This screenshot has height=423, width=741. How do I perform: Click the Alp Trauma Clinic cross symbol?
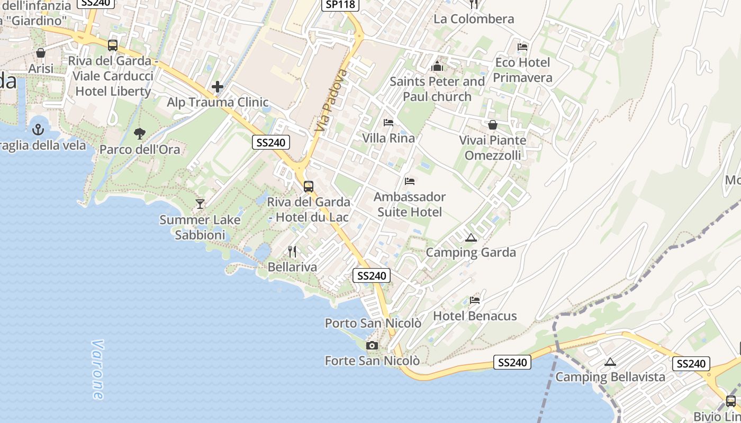coord(218,87)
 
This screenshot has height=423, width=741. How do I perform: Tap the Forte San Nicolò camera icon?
coord(372,346)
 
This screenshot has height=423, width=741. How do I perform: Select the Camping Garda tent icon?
coord(471,238)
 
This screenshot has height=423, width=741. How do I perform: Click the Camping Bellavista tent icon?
coord(610,362)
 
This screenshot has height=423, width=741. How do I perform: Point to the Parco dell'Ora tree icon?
coord(140,134)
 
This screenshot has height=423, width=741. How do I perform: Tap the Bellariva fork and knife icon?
coord(292,252)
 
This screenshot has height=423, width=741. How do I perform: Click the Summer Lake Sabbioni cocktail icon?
coord(200,204)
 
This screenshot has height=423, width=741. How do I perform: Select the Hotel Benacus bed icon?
coord(475,300)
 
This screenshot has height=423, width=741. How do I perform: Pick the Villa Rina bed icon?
coord(388,123)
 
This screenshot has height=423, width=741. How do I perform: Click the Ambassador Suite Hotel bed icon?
coord(410,181)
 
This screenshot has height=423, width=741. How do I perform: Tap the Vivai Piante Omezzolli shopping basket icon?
coord(493,125)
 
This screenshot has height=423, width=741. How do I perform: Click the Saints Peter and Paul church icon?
coord(437,67)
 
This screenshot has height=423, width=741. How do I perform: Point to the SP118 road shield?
coord(341,4)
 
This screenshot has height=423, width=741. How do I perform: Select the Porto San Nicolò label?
coord(373,323)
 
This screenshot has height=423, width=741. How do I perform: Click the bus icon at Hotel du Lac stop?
coord(309,187)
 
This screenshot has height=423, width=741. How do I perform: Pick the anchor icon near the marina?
coord(38,129)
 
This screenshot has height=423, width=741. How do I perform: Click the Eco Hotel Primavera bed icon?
coord(522,47)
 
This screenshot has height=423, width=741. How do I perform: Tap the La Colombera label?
coord(474,19)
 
